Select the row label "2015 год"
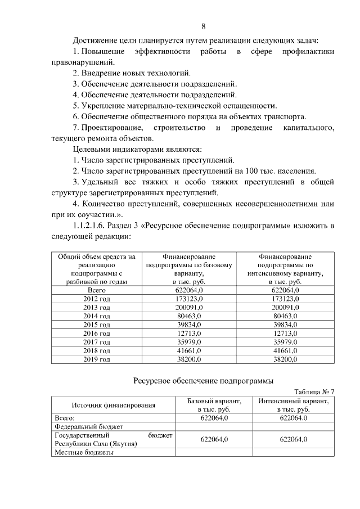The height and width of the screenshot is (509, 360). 96,325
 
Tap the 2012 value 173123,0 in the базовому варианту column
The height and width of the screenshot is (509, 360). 188,299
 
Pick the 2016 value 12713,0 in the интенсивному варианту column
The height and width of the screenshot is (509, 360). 285,333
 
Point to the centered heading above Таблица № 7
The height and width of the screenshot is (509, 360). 203,380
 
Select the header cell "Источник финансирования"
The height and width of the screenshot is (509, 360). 113,406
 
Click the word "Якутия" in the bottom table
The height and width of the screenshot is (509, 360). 125,444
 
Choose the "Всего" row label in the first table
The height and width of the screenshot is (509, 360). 96,290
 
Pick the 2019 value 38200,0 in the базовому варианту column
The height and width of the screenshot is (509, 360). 188,358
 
